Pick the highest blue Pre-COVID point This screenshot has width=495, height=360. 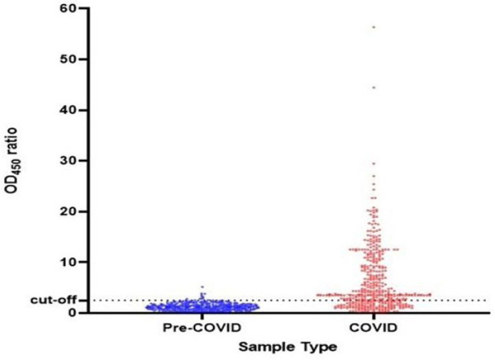click(x=202, y=286)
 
